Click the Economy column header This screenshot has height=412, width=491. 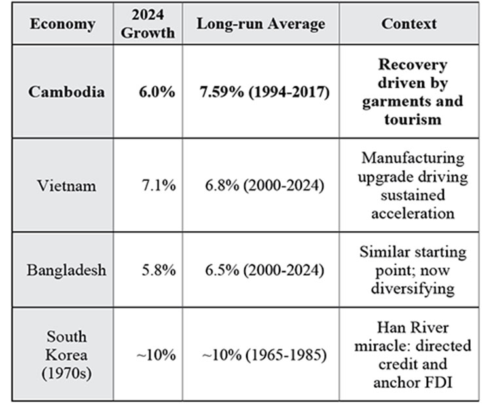pyautogui.click(x=63, y=24)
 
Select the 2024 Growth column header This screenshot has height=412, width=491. pyautogui.click(x=148, y=24)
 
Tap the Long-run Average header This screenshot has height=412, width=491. pyautogui.click(x=261, y=24)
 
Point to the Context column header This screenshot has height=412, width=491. pyautogui.click(x=409, y=24)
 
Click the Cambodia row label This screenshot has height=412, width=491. pyautogui.click(x=66, y=92)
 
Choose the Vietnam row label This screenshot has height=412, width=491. pyautogui.click(x=66, y=185)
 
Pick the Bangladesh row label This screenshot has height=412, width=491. pyautogui.click(x=66, y=270)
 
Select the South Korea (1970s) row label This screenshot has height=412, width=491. pyautogui.click(x=66, y=354)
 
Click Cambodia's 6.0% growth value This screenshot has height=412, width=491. pyautogui.click(x=157, y=92)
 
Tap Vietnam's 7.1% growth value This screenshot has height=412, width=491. pyautogui.click(x=159, y=185)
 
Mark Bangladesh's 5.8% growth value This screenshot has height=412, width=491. pyautogui.click(x=159, y=270)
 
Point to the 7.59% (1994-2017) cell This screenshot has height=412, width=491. pyautogui.click(x=264, y=92)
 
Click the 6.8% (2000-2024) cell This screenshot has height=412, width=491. pyautogui.click(x=264, y=185)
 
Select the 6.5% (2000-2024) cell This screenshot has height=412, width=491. pyautogui.click(x=264, y=270)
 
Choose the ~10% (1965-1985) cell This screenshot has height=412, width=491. pyautogui.click(x=264, y=355)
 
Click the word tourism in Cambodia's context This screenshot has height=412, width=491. pyautogui.click(x=413, y=119)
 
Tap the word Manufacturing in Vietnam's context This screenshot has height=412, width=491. pyautogui.click(x=413, y=158)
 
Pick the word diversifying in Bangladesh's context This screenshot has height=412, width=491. pyautogui.click(x=413, y=289)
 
